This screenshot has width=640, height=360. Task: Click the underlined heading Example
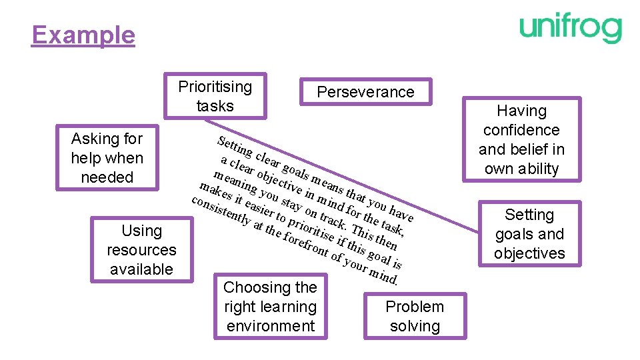[83, 35]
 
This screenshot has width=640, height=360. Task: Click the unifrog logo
[571, 29]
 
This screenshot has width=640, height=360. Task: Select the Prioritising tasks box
[215, 96]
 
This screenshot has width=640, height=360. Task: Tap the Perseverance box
[365, 92]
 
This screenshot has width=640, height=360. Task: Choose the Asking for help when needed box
[107, 158]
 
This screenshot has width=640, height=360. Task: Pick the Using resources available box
[141, 250]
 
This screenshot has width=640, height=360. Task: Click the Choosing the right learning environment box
[270, 307]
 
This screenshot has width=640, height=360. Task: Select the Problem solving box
[415, 316]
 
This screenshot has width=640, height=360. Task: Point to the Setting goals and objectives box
[529, 234]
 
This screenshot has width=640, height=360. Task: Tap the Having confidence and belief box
[521, 139]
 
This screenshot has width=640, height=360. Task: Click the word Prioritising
[215, 87]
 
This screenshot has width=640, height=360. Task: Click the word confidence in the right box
[521, 130]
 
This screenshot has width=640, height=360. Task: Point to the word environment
[270, 326]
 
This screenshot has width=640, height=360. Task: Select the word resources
[141, 250]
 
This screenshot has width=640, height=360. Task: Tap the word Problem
[415, 307]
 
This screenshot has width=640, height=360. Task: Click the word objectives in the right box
[529, 253]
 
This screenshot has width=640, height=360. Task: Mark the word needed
[107, 177]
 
